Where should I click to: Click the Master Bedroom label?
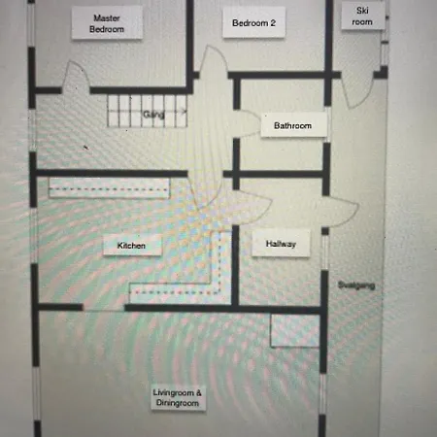[107, 23]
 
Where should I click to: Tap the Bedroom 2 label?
[254, 22]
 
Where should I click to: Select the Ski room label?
[362, 16]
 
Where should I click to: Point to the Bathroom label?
[293, 125]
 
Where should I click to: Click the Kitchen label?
[131, 245]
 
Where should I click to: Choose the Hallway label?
[281, 244]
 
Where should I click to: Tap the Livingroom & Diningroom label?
[178, 398]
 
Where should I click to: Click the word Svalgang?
[356, 286]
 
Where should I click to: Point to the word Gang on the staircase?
[153, 115]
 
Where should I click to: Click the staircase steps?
[148, 111]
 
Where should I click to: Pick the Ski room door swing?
[357, 93]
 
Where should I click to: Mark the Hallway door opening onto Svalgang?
[340, 211]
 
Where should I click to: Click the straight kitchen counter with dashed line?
[109, 187]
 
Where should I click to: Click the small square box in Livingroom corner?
[295, 330]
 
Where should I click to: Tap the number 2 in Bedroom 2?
[273, 23]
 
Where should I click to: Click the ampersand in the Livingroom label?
[198, 392]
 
